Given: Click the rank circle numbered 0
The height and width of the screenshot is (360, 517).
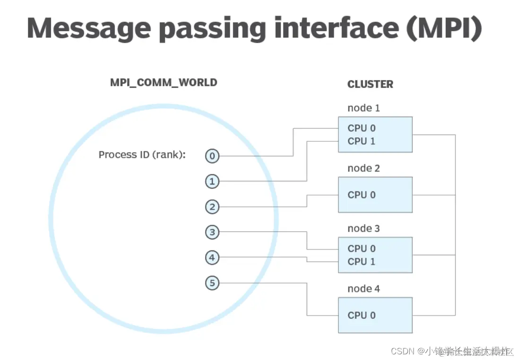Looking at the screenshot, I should [x=212, y=156].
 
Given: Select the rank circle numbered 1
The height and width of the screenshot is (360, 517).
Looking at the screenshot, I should [x=212, y=181].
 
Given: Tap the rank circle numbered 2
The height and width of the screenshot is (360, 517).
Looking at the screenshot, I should [x=212, y=207].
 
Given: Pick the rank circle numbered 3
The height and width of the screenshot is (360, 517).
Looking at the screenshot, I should [x=212, y=232].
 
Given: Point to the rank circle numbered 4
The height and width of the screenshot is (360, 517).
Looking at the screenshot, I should [x=212, y=258].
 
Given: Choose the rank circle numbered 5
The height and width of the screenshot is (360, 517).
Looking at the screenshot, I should [x=212, y=283].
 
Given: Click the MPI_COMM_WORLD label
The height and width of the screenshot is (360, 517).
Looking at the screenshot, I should [x=164, y=83].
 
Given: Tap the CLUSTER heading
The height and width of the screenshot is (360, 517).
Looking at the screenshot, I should [x=370, y=85].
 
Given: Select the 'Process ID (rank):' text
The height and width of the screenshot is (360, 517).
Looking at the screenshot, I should [x=141, y=155].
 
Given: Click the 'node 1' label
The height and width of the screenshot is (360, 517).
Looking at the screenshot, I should [x=363, y=108].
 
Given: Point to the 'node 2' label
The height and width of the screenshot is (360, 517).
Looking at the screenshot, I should [x=363, y=168].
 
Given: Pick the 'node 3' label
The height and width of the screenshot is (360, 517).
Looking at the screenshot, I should [x=363, y=229].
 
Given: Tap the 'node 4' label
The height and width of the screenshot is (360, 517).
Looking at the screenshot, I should [x=363, y=289].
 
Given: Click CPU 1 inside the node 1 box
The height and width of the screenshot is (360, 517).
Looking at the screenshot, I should [x=362, y=141].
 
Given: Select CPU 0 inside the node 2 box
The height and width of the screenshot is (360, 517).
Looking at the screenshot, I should [x=362, y=195].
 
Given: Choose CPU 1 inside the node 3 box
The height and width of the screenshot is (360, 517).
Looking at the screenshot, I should [x=362, y=262].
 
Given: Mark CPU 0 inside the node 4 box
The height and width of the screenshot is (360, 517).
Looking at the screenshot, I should [x=362, y=315].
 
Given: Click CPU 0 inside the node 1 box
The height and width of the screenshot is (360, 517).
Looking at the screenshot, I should [x=362, y=128].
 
